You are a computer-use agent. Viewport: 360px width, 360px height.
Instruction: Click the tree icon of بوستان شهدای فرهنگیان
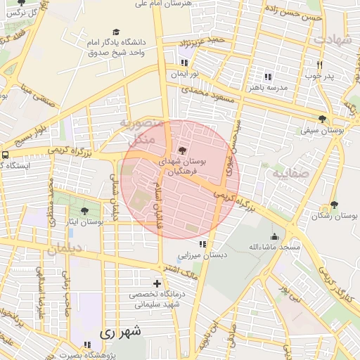point(183,150)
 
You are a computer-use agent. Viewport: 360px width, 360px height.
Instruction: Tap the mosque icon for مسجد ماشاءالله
point(274,236)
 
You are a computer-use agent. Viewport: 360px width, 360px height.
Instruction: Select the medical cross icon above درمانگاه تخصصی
point(156,283)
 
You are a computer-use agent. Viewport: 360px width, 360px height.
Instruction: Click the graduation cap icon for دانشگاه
point(115,32)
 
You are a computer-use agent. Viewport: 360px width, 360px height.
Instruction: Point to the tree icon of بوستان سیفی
point(322,119)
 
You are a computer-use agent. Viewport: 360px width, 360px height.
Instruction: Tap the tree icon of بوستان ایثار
point(85,210)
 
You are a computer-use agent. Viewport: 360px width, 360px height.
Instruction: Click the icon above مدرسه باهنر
point(267,77)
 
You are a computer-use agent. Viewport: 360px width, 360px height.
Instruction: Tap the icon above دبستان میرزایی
point(202,245)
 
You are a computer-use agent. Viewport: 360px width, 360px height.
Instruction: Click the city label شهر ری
point(120,331)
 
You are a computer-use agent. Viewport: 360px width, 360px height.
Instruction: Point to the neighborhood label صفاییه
point(290,172)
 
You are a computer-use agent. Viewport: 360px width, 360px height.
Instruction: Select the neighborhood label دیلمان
point(65,248)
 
